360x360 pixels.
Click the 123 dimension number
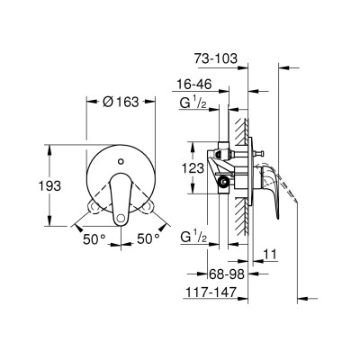coord(192,166)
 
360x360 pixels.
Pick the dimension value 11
coord(270,256)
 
